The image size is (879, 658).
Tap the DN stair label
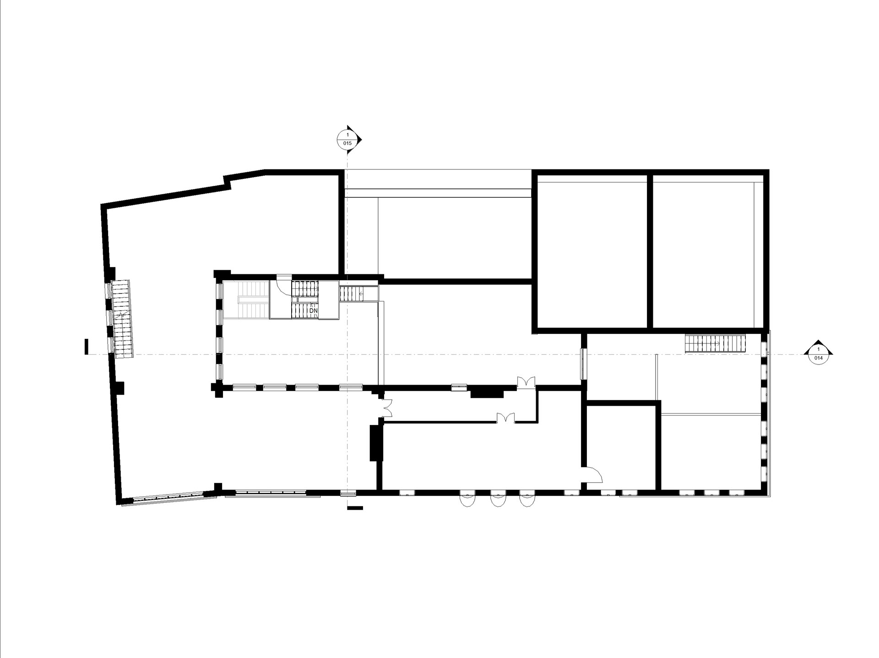(x=314, y=310)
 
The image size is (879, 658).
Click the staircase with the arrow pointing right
(x=715, y=343)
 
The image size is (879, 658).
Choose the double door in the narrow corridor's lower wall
(x=506, y=418)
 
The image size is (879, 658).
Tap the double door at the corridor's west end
(x=386, y=408)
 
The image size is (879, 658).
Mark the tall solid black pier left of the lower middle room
(x=374, y=443)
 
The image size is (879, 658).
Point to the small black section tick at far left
(x=86, y=347)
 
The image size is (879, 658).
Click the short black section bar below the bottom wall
(x=355, y=508)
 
